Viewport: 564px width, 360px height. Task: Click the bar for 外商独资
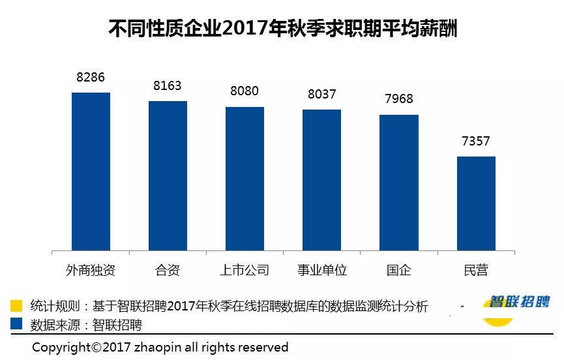(x=91, y=171)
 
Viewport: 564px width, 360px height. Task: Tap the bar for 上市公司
(x=245, y=178)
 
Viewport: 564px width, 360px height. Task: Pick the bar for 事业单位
(x=321, y=179)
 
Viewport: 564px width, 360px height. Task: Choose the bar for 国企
(x=398, y=182)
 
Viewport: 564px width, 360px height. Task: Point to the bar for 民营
(x=476, y=203)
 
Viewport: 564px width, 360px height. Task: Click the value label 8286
(x=90, y=78)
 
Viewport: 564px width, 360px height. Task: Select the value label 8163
(x=167, y=86)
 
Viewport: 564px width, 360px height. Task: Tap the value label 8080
(x=245, y=91)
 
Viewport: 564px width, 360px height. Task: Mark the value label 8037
(x=321, y=95)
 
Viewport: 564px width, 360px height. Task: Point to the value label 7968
(x=398, y=99)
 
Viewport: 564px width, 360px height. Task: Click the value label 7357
(x=475, y=141)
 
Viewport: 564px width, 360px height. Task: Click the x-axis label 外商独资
(x=91, y=270)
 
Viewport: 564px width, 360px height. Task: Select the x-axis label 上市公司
(x=245, y=270)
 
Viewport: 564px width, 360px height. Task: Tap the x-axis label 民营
(x=476, y=270)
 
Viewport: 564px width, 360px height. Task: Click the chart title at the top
(x=282, y=29)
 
